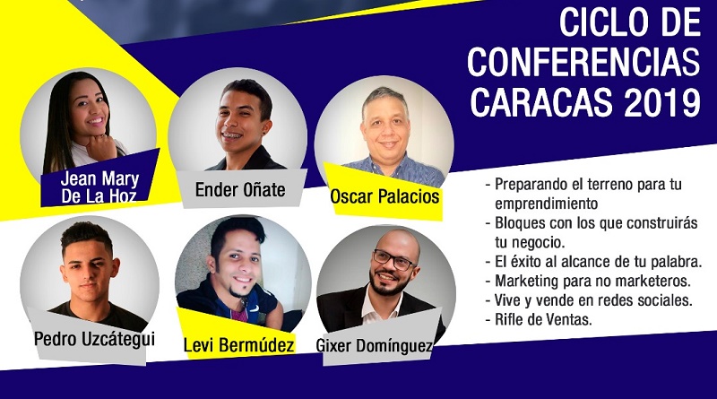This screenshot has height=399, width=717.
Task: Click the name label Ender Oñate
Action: click(240, 189)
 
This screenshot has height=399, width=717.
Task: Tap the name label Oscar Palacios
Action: click(384, 196)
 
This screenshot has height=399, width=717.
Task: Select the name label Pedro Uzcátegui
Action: click(94, 340)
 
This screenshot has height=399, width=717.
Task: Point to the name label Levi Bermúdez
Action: click(238, 344)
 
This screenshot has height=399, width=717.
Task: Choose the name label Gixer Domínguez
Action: click(374, 345)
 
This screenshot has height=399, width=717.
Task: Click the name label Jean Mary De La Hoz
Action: click(99, 187)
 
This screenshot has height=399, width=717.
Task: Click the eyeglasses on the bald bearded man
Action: click(393, 259)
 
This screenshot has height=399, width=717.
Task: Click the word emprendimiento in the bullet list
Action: click(547, 204)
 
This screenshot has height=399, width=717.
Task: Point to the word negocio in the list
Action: click(538, 242)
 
